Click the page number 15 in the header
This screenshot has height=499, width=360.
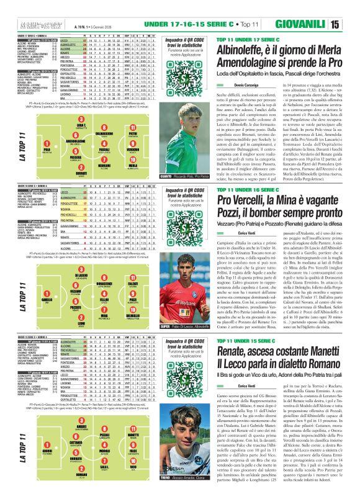pyautogui.click(x=351, y=8)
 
